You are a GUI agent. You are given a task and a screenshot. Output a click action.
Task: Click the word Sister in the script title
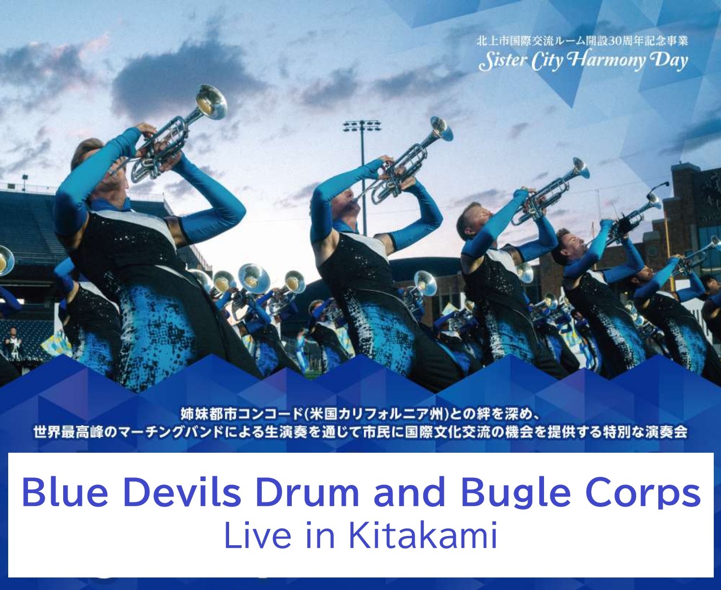coord(501,62)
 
